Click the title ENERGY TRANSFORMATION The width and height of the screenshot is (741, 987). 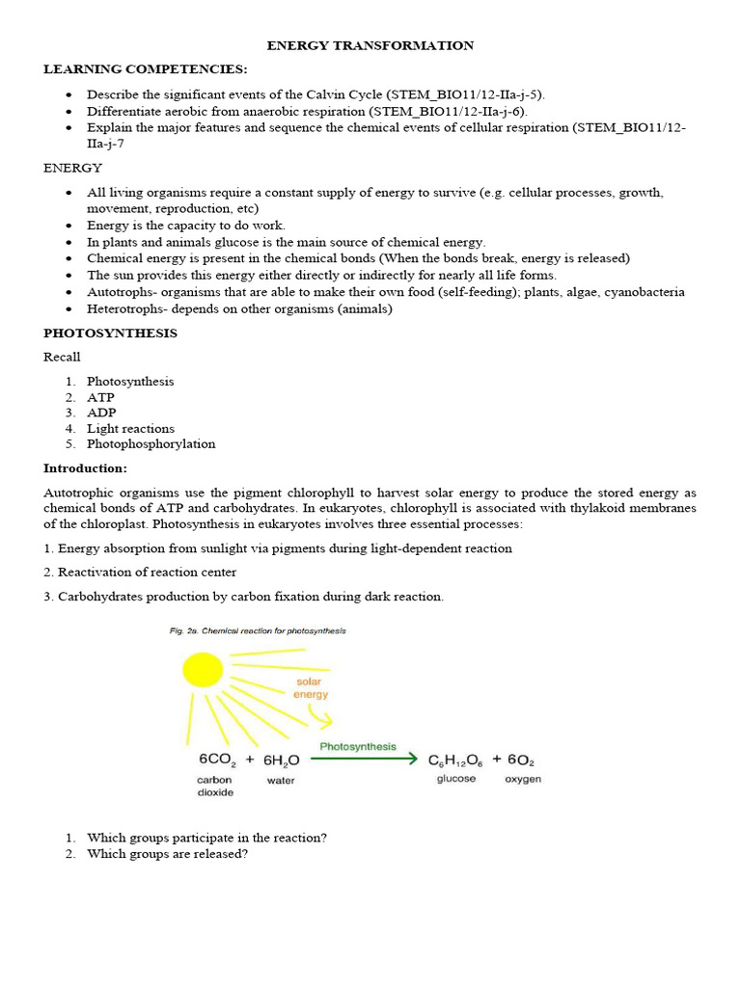pos(370,45)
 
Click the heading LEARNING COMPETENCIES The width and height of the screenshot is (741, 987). pos(145,69)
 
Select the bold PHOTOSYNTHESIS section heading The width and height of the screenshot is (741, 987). pos(110,333)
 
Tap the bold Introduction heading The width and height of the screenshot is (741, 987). pos(85,468)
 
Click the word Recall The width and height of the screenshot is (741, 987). pos(62,358)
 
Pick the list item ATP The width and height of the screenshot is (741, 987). pos(100,397)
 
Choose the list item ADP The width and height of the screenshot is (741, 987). pos(101,413)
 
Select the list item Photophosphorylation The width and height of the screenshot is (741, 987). pos(151,444)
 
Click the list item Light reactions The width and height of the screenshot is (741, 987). pos(130,429)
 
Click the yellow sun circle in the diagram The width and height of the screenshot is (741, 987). pos(202,669)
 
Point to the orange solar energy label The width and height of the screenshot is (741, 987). pos(312,688)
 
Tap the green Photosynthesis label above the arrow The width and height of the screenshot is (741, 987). pos(358,746)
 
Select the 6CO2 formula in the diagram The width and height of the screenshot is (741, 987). pos(218,760)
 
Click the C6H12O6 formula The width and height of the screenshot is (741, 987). pos(457,760)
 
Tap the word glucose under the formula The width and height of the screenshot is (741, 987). pos(456,779)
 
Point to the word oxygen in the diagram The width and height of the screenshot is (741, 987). pos(523,779)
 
